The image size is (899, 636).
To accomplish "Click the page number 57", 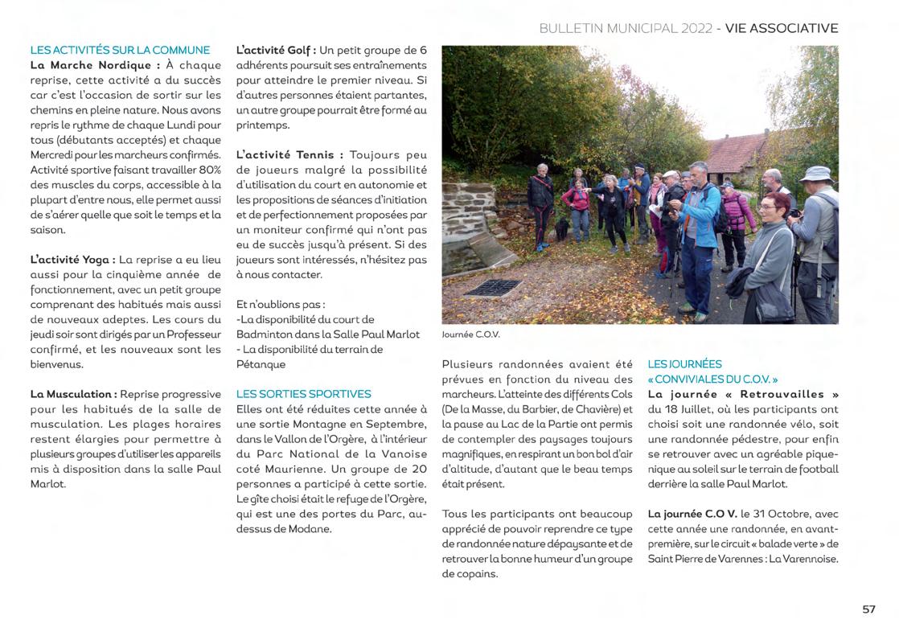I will tap(868, 609).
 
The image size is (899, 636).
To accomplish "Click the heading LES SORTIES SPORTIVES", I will tap(303, 394).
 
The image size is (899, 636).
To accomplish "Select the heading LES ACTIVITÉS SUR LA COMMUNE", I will tap(120, 50).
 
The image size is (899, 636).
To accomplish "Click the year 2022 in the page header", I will tap(696, 28).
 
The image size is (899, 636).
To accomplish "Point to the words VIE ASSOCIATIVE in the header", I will tap(781, 28).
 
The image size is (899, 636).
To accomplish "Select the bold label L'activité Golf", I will tap(275, 50).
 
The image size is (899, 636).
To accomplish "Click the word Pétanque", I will tap(261, 364).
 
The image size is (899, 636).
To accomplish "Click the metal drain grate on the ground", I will tap(491, 286).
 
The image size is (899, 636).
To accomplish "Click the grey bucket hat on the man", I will tap(815, 173).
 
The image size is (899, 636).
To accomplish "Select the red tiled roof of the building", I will tap(737, 150).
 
